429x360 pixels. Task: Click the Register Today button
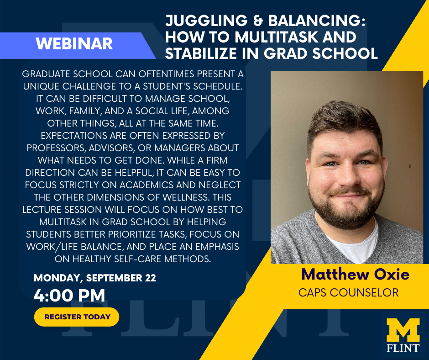[77, 317]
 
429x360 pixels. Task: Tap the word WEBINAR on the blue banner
[74, 44]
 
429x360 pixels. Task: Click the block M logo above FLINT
[403, 330]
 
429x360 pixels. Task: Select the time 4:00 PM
[69, 295]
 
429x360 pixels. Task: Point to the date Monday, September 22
[94, 278]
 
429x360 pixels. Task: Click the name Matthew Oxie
[356, 274]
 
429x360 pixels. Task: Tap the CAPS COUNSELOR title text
[348, 292]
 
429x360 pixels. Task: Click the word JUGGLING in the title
[207, 21]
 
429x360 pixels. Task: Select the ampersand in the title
[258, 21]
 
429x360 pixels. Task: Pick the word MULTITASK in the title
[276, 37]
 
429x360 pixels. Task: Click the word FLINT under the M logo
[403, 348]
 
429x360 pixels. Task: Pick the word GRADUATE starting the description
[44, 74]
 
